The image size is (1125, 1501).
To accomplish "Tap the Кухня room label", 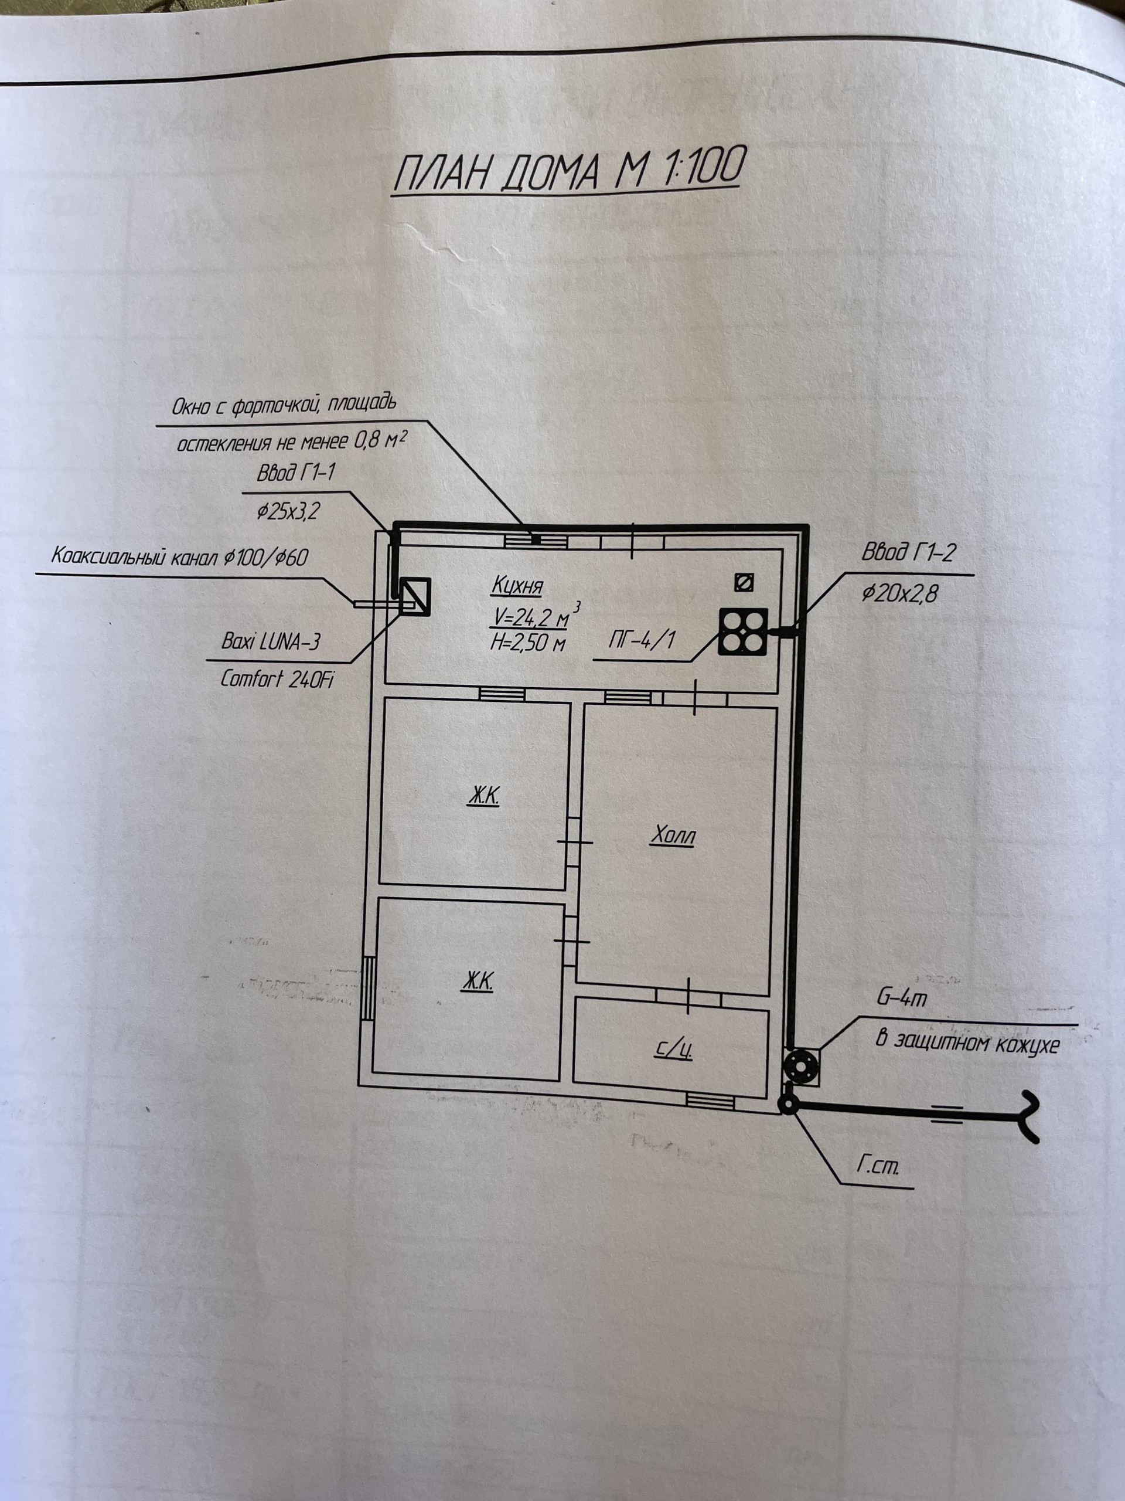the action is [519, 586].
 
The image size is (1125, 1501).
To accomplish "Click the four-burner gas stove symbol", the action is [743, 631].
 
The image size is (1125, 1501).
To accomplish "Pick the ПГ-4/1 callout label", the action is [641, 640].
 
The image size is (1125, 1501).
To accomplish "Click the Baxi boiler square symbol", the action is [414, 596].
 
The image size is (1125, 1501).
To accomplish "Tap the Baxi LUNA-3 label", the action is [270, 641].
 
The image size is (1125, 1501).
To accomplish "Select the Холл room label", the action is [673, 837].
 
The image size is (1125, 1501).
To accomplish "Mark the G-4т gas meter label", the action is [901, 999].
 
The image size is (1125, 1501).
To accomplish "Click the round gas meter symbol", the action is [801, 1067].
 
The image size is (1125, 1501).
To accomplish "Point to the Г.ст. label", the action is [878, 1168].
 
